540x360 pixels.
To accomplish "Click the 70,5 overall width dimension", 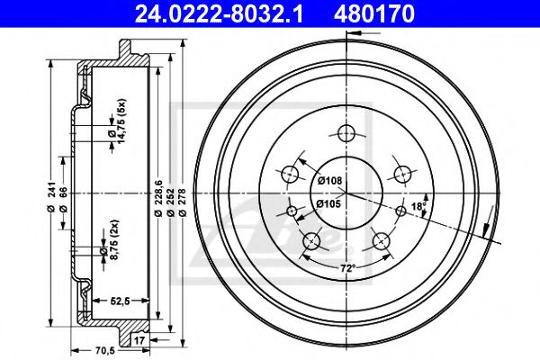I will coord(81,351).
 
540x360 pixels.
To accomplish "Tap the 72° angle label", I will coord(346,268).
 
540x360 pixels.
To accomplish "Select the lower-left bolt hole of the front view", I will coord(311,240).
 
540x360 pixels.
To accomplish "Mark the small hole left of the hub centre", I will coord(291,212).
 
